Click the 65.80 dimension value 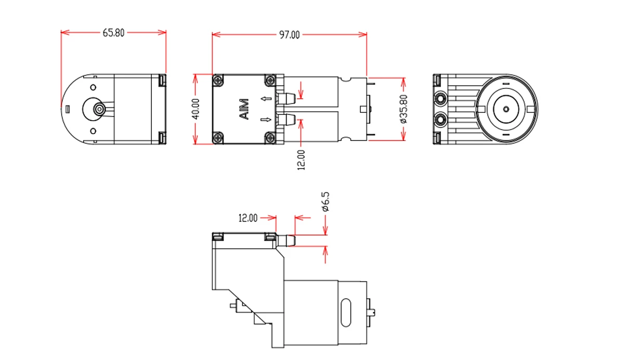(x=113, y=33)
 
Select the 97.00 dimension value (x=290, y=35)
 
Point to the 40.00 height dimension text (x=196, y=109)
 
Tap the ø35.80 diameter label (x=404, y=109)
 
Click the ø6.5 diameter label (x=326, y=202)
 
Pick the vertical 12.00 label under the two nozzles (x=301, y=160)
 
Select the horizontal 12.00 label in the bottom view (x=248, y=218)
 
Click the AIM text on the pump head (x=244, y=109)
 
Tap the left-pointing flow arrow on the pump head (x=266, y=98)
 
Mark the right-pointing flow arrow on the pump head (x=266, y=120)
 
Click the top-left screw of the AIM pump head (x=218, y=80)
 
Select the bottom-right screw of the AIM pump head (x=270, y=138)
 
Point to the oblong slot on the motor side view (x=346, y=313)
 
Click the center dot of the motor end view (x=506, y=109)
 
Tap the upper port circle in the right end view (x=440, y=98)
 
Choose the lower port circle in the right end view (x=440, y=120)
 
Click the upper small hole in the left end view (x=93, y=87)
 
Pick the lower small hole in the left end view (x=93, y=131)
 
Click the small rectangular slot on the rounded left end (x=67, y=109)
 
